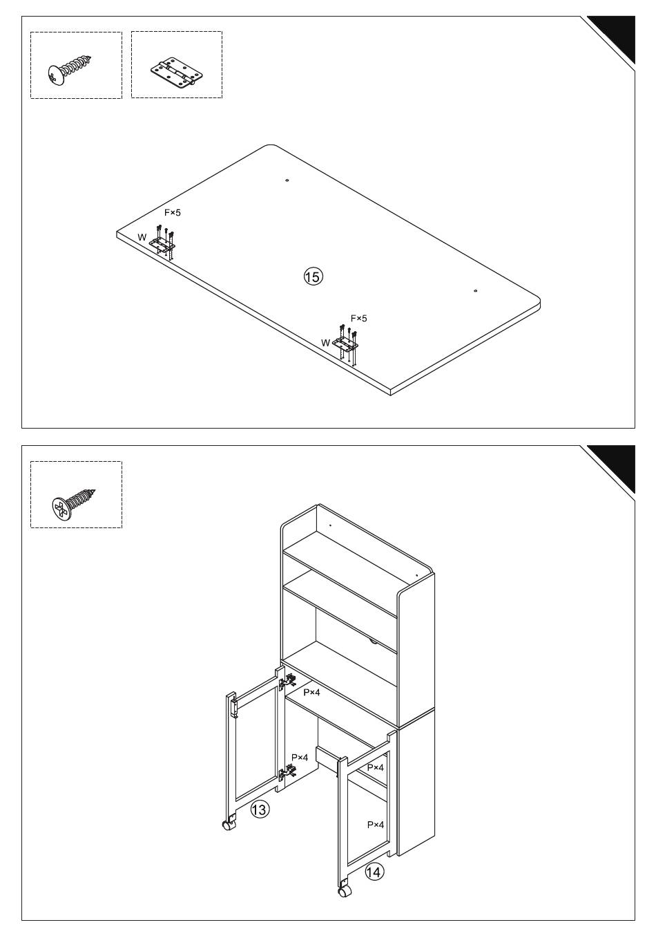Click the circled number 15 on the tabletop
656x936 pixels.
(313, 277)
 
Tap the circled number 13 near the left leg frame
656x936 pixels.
(259, 809)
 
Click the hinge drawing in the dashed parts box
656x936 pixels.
(177, 73)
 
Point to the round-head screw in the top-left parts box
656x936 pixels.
(70, 71)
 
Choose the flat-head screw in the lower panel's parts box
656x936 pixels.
(74, 503)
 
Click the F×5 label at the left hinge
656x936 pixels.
(173, 213)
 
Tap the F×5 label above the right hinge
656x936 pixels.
(358, 319)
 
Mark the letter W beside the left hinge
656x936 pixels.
(142, 237)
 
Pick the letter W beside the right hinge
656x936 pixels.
(325, 343)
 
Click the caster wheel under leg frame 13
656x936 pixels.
(229, 825)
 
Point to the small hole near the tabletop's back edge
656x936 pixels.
(287, 180)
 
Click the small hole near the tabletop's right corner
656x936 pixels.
(475, 291)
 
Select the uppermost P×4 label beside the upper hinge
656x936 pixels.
(311, 693)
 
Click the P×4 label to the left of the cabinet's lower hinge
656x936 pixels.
(300, 757)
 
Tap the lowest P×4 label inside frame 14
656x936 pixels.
(375, 825)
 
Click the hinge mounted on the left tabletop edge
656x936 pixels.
(162, 243)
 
